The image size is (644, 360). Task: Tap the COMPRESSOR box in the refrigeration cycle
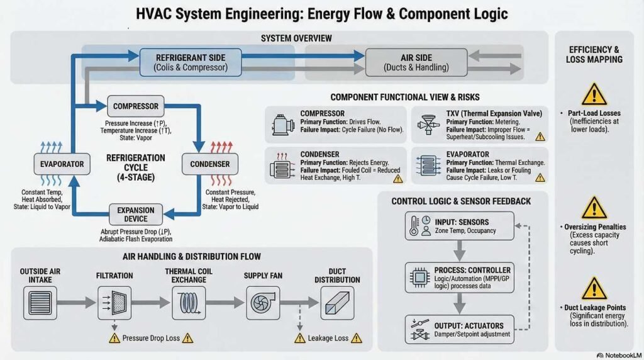pos(136,106)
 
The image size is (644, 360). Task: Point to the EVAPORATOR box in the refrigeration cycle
pos(58,164)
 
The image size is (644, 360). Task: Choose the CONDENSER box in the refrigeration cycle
pos(210,164)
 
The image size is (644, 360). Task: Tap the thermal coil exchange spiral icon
pos(187,302)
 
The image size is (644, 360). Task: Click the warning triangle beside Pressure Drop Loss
pos(114,338)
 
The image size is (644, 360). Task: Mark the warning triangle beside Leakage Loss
pos(299,338)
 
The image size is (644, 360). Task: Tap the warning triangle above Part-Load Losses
pos(594,94)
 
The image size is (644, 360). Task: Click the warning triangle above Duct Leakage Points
pos(594,288)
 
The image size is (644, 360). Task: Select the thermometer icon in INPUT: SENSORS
pos(414,226)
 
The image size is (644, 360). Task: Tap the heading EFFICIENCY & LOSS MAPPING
pos(594,54)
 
